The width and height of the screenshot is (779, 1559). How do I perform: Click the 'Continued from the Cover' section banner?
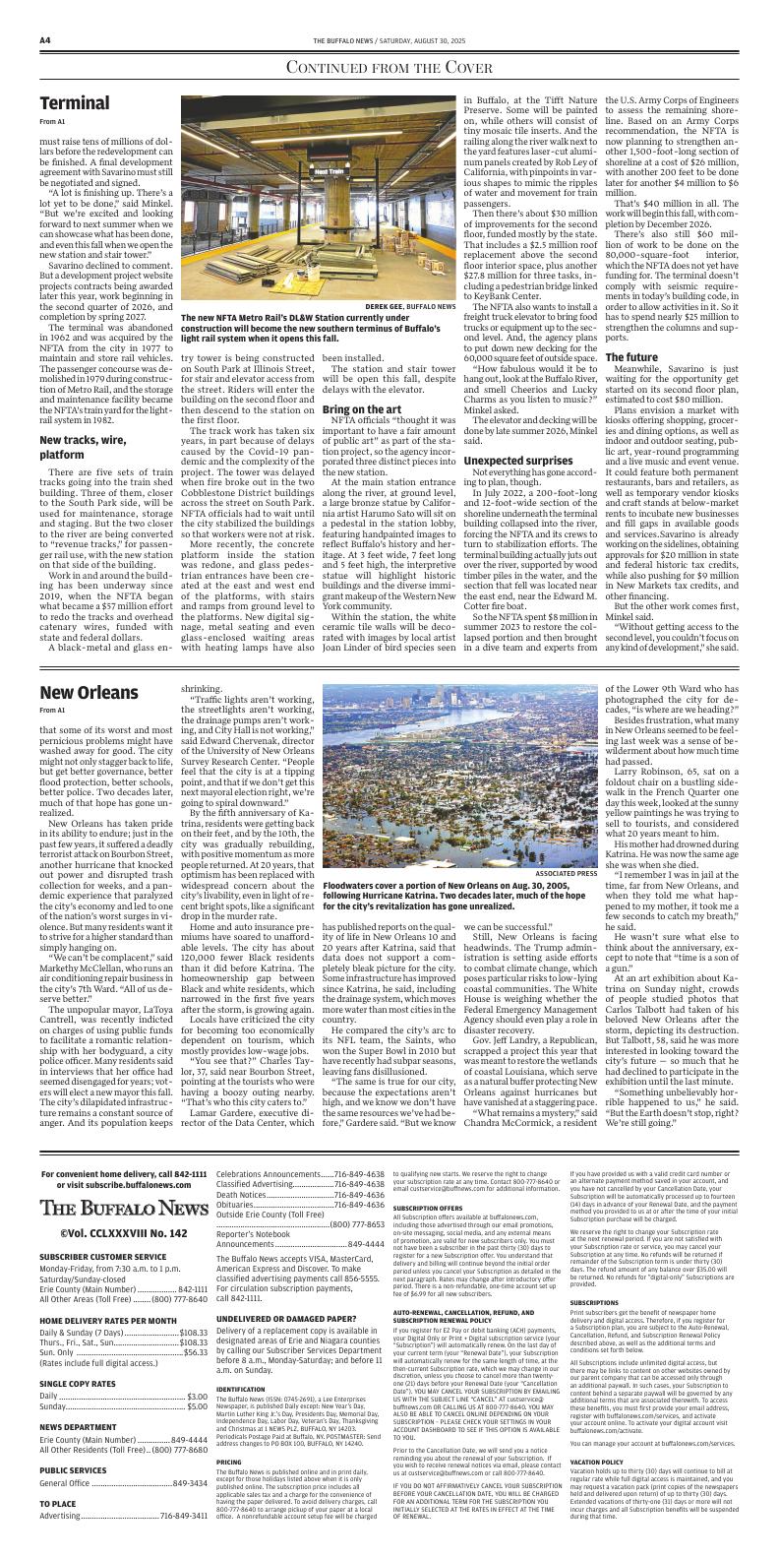coord(389,68)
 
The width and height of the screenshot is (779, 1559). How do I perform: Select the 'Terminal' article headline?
coord(75,104)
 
